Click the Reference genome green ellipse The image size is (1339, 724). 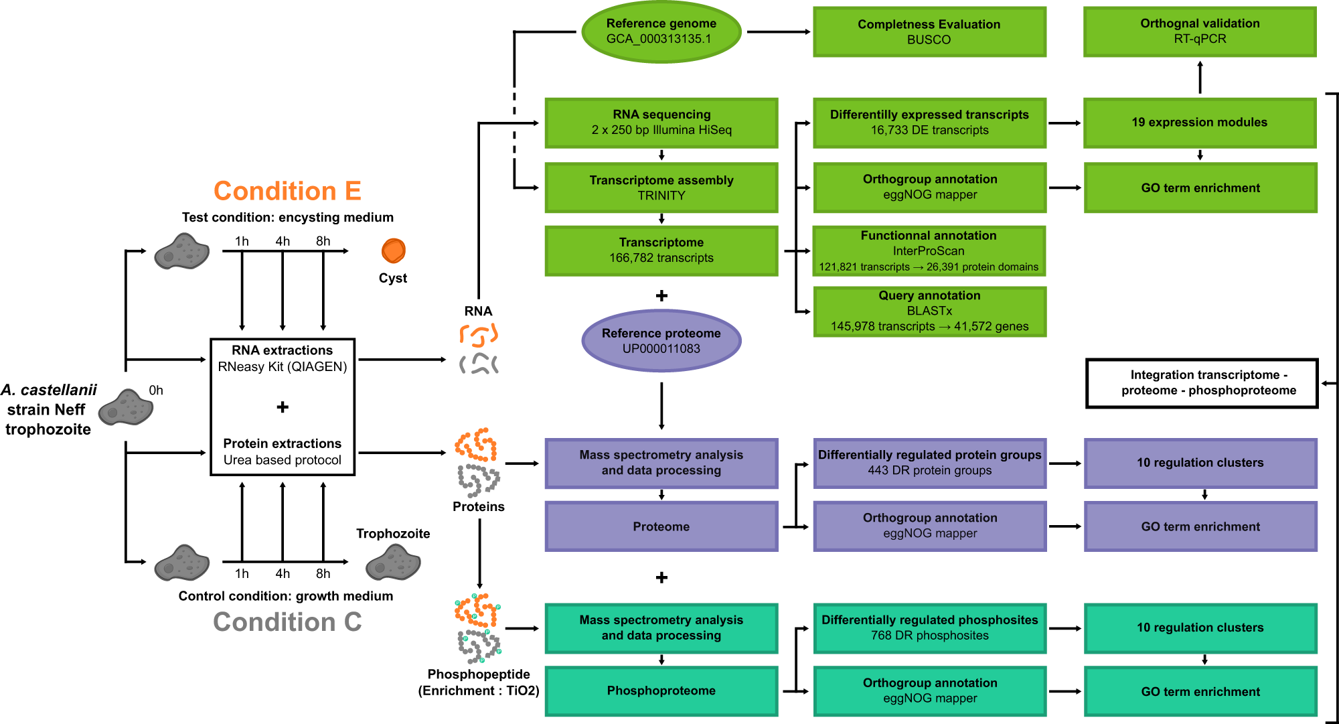pyautogui.click(x=661, y=31)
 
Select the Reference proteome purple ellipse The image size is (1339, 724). pyautogui.click(x=661, y=341)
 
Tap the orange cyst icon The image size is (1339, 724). pyautogui.click(x=393, y=251)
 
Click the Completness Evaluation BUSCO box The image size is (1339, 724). pyautogui.click(x=929, y=31)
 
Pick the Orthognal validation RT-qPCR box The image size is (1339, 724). pyautogui.click(x=1199, y=31)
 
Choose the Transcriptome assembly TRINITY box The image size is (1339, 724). pyautogui.click(x=661, y=188)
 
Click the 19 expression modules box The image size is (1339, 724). pyautogui.click(x=1199, y=123)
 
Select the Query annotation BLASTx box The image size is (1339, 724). pyautogui.click(x=929, y=311)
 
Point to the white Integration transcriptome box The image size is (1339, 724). pyautogui.click(x=1201, y=383)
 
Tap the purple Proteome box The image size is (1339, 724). pyautogui.click(x=661, y=526)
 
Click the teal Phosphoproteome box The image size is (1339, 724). pyautogui.click(x=661, y=691)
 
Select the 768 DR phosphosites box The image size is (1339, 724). pyautogui.click(x=929, y=628)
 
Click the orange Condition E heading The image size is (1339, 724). pyautogui.click(x=287, y=191)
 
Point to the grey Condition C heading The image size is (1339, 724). pyautogui.click(x=287, y=622)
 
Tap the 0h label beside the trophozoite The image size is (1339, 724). pyautogui.click(x=156, y=390)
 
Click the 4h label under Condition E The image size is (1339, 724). pyautogui.click(x=283, y=241)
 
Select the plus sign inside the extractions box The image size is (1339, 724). pyautogui.click(x=283, y=407)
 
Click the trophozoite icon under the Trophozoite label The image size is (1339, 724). pyautogui.click(x=393, y=562)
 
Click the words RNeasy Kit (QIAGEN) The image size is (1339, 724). pyautogui.click(x=283, y=367)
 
